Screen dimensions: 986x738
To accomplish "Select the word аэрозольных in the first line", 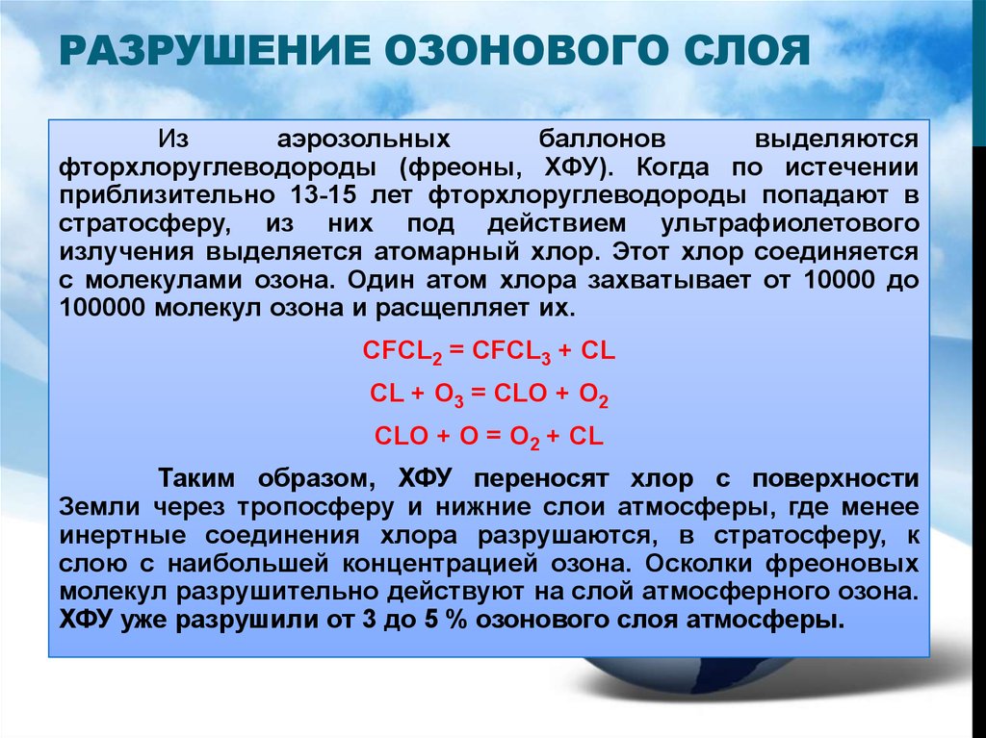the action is [x=363, y=140].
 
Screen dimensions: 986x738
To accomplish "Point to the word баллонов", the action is [x=602, y=139].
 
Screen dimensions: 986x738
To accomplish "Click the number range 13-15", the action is [x=324, y=195].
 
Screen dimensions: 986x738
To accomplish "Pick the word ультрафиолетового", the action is [x=790, y=224].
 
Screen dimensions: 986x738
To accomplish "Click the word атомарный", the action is [x=447, y=252].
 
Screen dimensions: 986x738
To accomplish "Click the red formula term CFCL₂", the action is [x=402, y=351].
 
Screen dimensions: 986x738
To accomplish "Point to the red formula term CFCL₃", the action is [x=511, y=351].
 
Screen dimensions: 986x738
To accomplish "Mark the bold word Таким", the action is [x=195, y=478].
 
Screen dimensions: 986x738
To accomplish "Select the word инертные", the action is [x=122, y=536].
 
